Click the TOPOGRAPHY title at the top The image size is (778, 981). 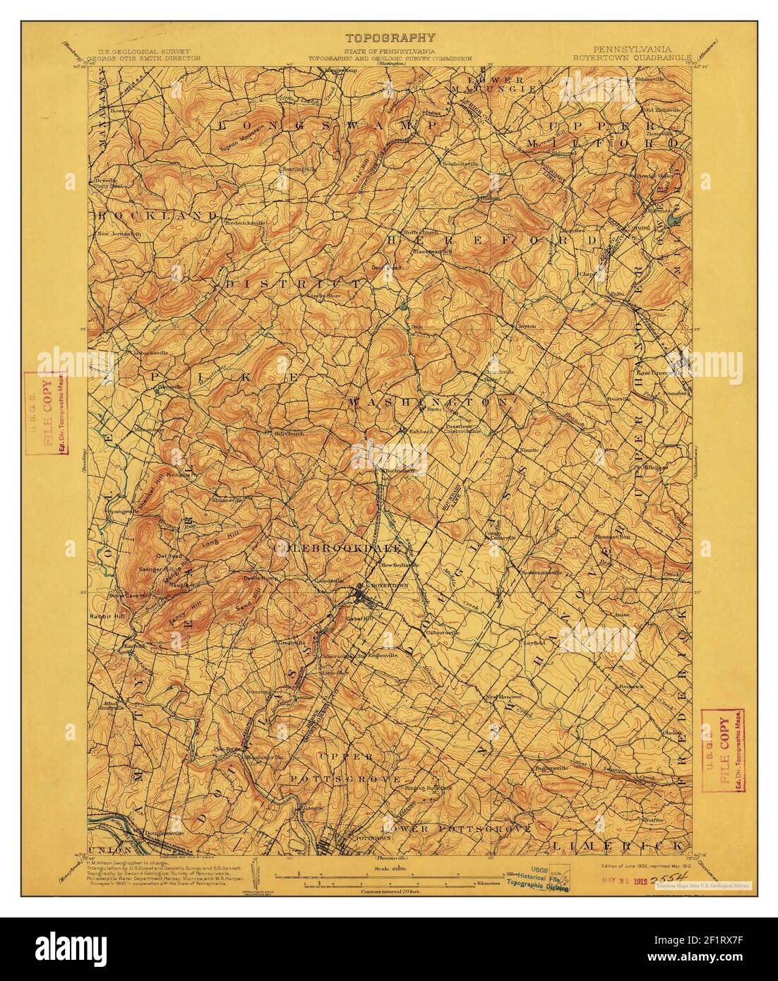click(390, 38)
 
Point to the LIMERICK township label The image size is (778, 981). click(618, 844)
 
